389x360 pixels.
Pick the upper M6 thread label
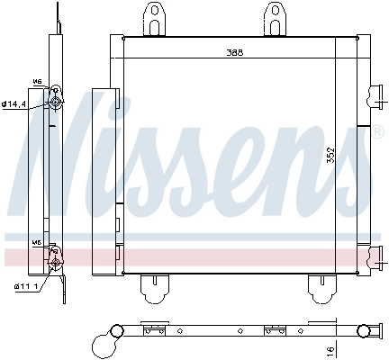[37, 81]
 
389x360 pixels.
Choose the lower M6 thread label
[37, 242]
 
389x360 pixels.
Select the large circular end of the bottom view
[104, 341]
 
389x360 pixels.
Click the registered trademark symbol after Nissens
[376, 132]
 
